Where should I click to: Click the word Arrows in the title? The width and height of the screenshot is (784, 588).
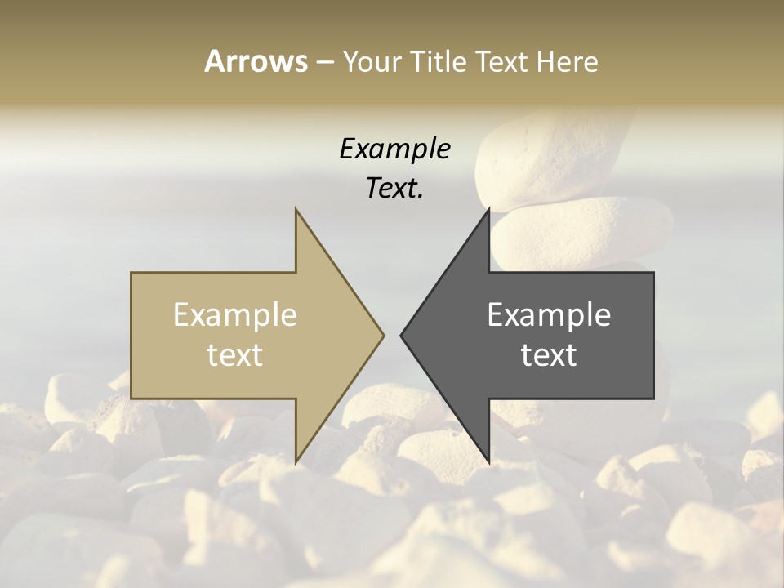(x=256, y=61)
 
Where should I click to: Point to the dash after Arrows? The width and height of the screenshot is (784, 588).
(x=324, y=62)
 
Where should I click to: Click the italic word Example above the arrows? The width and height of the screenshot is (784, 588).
(x=394, y=149)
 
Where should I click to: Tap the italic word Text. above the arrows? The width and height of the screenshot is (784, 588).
(x=394, y=189)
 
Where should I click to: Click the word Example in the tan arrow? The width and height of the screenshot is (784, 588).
(x=235, y=315)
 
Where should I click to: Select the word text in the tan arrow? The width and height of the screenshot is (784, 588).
(x=235, y=354)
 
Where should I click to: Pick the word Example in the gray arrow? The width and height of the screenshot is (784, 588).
(x=549, y=315)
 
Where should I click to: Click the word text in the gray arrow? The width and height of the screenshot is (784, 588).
(x=549, y=354)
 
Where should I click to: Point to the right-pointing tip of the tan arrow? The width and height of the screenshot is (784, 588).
(x=383, y=335)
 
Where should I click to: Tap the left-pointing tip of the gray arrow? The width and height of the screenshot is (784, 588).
(x=401, y=335)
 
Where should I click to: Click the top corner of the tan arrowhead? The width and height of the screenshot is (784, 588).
(x=296, y=209)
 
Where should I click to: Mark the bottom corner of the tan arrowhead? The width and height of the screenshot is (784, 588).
(x=296, y=462)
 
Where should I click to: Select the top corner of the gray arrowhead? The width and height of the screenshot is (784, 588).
(x=488, y=209)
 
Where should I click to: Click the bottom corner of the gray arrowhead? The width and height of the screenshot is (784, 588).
(x=488, y=462)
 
